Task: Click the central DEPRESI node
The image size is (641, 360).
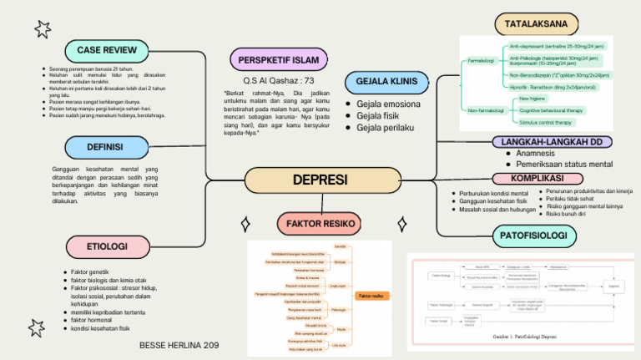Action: click(x=319, y=180)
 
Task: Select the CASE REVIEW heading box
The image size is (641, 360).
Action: click(x=107, y=49)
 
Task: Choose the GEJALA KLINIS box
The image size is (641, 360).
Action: click(x=386, y=83)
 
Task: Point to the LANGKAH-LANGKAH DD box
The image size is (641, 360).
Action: click(x=552, y=142)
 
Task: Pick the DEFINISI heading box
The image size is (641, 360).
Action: click(x=104, y=147)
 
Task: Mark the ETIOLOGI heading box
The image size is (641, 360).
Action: click(x=108, y=246)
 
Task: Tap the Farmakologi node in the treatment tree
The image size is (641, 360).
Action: click(x=481, y=61)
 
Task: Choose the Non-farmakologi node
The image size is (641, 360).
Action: click(x=485, y=110)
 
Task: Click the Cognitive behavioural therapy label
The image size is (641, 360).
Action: click(x=551, y=110)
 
